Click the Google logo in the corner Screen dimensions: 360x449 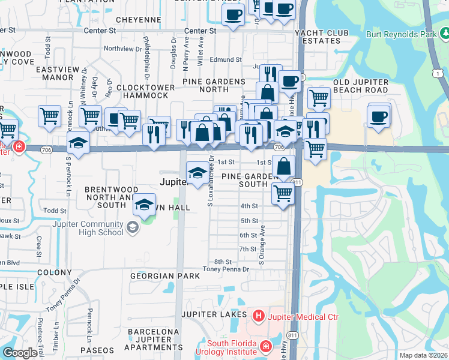point(20,353)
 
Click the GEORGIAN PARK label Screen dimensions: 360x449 point(165,276)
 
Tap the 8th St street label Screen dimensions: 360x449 point(223,262)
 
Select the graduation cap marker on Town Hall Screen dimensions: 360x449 point(144,205)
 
